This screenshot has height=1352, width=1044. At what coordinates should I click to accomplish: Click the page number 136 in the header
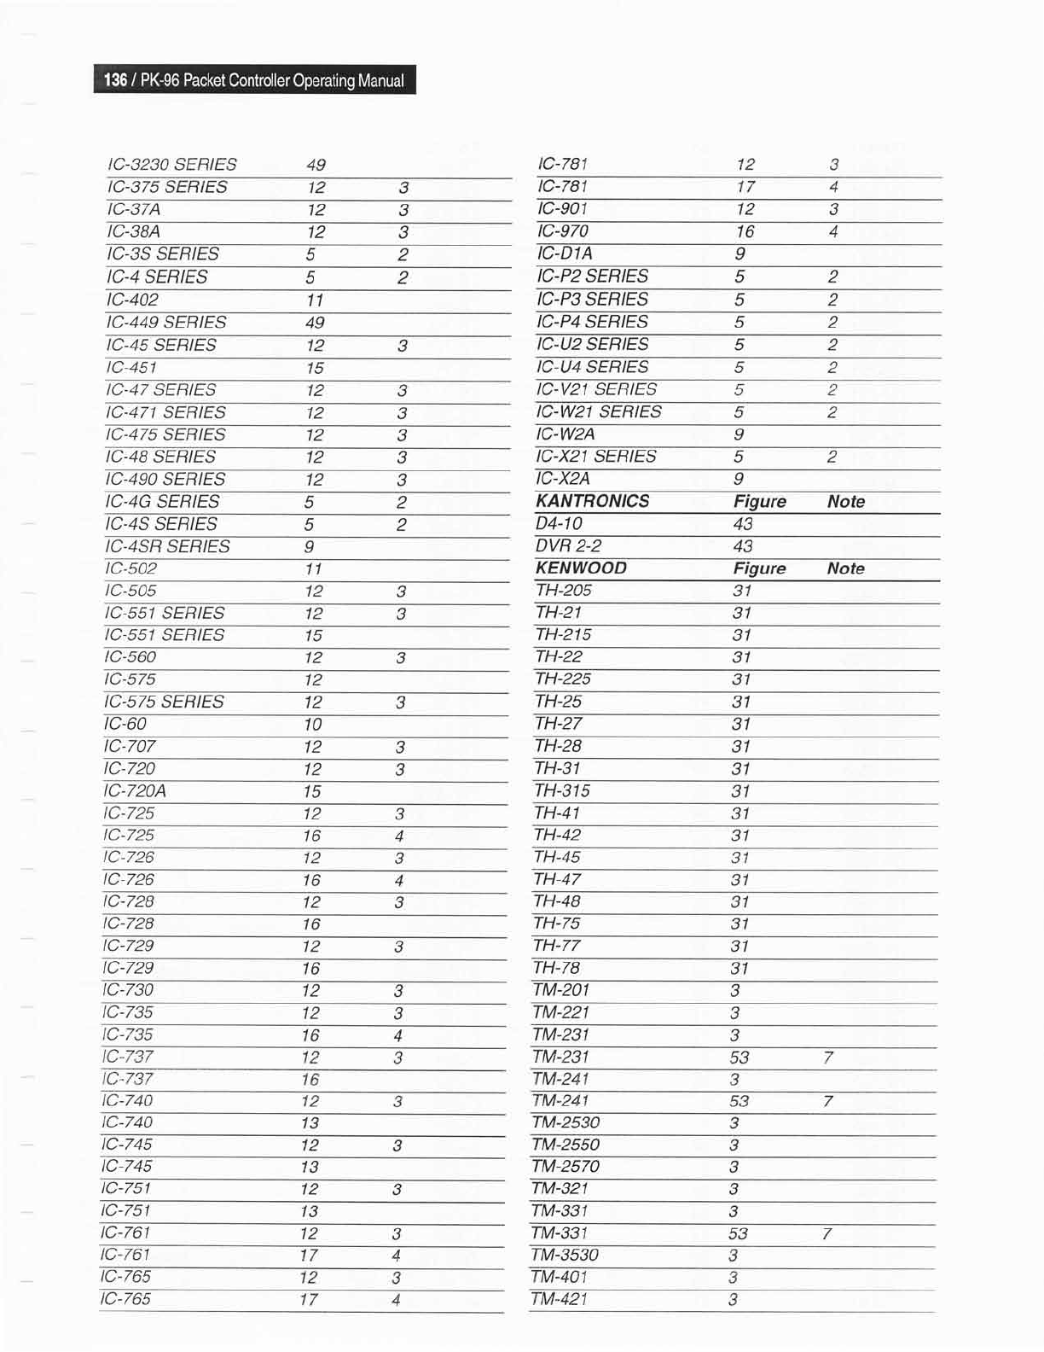[115, 81]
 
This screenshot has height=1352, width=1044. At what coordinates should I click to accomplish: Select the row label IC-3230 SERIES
[171, 165]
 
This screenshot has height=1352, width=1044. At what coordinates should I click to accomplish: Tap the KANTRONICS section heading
[592, 501]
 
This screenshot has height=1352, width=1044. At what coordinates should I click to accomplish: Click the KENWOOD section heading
[581, 568]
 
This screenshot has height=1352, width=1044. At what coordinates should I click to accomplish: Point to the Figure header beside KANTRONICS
[759, 502]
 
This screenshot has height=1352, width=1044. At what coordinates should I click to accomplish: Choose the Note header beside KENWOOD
[845, 568]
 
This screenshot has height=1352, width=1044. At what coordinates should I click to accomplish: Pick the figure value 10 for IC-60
[312, 725]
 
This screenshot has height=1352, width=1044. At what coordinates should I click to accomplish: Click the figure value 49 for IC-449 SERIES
[315, 323]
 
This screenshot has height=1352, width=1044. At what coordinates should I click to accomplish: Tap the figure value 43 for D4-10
[743, 524]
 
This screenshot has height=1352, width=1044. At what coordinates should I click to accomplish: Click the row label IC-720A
[135, 791]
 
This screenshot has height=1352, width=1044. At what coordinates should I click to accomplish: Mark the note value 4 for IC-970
[833, 231]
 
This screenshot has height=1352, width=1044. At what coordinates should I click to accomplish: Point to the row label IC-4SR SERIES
[167, 546]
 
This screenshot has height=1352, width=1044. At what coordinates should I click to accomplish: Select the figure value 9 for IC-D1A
[739, 253]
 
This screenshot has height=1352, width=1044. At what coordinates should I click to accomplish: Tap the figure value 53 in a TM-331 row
[738, 1233]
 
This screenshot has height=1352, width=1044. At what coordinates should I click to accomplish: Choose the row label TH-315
[562, 791]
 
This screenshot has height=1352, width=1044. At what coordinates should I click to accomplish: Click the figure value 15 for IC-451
[315, 368]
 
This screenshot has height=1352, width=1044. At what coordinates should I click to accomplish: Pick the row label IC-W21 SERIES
[599, 411]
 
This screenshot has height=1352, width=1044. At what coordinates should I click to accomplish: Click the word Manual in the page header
[380, 81]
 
